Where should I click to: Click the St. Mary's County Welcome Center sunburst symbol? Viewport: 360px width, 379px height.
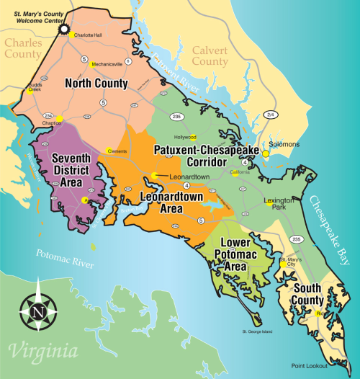coord(63,30)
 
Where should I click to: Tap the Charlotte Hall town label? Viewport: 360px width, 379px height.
coord(88,35)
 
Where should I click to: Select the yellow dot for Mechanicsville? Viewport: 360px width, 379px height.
coord(91,63)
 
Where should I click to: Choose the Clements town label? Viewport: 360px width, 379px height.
coord(117,151)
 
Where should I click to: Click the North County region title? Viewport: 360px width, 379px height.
coord(97,83)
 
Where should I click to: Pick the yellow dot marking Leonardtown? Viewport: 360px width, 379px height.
coord(153,175)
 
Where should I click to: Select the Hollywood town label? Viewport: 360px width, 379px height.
coord(185,137)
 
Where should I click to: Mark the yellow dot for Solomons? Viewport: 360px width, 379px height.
coord(266,153)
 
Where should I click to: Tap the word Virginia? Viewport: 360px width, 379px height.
coord(43,353)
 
